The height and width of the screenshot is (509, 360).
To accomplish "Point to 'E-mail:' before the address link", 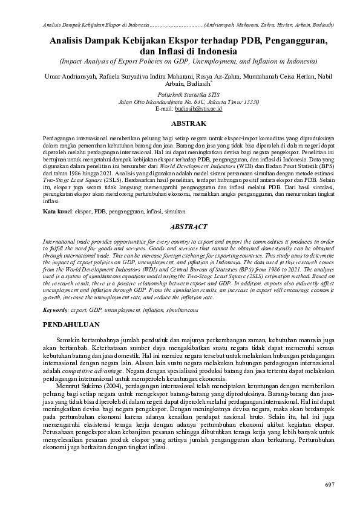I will click(x=165, y=109).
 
